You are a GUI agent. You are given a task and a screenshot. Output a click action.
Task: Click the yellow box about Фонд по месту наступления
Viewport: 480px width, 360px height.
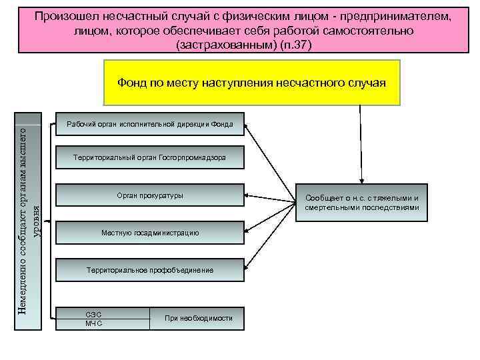pos(252,83)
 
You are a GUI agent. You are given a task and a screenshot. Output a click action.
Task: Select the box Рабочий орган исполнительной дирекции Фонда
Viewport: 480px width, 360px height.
pos(149,125)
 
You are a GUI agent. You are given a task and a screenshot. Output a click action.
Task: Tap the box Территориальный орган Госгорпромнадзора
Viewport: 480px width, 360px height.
pos(149,157)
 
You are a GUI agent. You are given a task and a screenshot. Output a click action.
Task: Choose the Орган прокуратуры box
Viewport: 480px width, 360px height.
pos(149,195)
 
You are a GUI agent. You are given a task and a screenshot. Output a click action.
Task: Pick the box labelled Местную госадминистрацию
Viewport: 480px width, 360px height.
pos(149,233)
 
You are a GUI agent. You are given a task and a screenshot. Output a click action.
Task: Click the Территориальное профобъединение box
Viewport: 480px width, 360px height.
pos(149,270)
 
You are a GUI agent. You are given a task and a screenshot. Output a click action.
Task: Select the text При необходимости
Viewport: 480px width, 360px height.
pos(199,318)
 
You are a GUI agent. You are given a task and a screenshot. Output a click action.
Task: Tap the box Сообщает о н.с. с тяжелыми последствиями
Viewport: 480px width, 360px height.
pos(362,203)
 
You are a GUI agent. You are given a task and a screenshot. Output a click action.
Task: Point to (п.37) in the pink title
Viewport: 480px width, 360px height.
pos(297,45)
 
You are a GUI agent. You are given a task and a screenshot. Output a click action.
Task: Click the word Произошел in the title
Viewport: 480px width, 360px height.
pos(65,15)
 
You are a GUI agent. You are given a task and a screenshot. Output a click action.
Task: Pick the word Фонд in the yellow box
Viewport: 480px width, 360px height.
pos(131,83)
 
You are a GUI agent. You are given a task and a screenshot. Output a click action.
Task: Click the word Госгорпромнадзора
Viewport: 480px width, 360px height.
pos(193,157)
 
